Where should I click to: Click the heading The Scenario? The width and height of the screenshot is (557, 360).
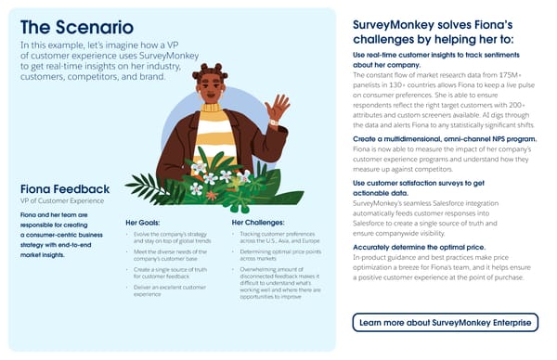point(75,27)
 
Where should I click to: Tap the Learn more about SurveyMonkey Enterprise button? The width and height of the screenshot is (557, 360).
point(446,322)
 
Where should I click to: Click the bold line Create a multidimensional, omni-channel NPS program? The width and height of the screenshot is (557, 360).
point(444,138)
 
